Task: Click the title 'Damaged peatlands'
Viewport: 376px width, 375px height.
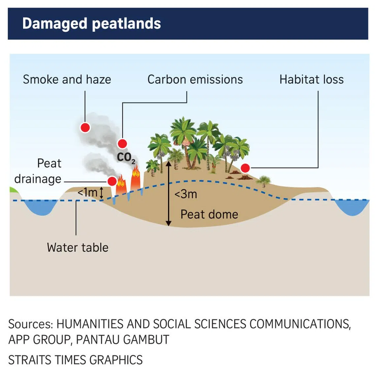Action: click(91, 24)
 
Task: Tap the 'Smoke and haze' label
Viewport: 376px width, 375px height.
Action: click(67, 79)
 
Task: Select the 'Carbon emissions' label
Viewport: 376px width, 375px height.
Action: click(195, 79)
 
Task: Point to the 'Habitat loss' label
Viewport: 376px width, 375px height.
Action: click(311, 79)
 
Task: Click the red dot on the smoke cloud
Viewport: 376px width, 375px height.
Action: click(85, 127)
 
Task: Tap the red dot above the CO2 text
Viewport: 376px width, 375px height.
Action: click(122, 144)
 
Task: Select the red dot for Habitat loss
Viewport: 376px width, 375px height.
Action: click(245, 168)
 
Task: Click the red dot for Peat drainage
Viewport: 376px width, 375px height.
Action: click(112, 181)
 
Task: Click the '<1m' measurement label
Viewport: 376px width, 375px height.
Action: click(87, 192)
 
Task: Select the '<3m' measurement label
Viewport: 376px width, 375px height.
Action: click(186, 194)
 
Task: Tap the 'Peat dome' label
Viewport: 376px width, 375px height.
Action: click(209, 214)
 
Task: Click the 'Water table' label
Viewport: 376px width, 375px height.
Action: click(78, 247)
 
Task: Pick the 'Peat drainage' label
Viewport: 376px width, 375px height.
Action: click(38, 171)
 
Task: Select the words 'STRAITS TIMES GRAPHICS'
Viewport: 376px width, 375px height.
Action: click(76, 360)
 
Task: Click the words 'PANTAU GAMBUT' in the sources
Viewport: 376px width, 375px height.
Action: click(122, 339)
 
